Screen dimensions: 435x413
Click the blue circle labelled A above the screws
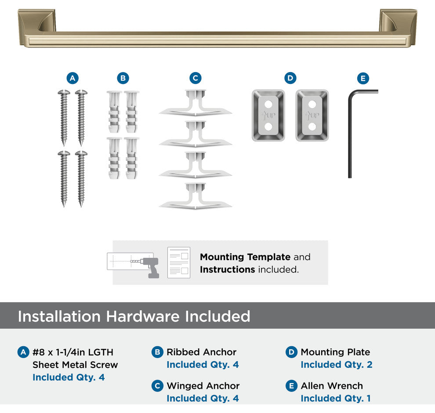72,78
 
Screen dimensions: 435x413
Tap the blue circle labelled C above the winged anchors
195,78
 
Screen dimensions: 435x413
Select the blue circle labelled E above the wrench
363,79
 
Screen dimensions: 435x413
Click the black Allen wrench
350,133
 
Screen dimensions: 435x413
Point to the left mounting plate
268,115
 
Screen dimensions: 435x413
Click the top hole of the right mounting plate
312,104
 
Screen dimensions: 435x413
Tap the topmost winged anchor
195,102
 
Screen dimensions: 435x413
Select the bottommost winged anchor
195,196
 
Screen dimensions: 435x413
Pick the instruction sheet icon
179,262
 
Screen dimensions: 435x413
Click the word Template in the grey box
268,257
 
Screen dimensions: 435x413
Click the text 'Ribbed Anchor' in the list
201,352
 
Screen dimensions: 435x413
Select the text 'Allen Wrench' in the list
332,386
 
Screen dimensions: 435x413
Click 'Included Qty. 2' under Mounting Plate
337,365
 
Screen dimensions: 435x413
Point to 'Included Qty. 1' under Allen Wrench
336,399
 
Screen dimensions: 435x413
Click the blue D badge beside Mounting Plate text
291,352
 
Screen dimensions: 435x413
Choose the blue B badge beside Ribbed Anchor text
157,352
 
